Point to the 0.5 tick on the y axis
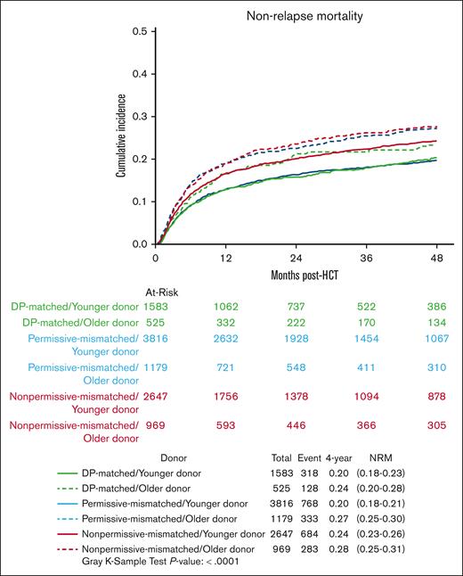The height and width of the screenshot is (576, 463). click(x=140, y=31)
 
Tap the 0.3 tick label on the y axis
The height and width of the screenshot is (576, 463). click(x=140, y=116)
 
